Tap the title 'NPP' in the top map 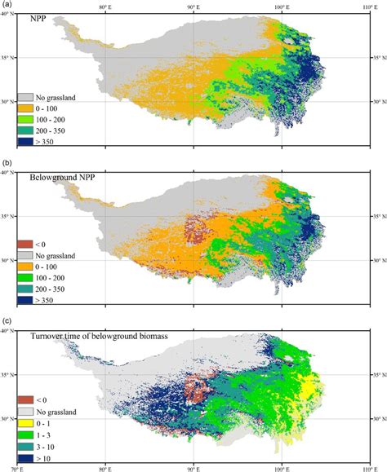pyautogui.click(x=38, y=17)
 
